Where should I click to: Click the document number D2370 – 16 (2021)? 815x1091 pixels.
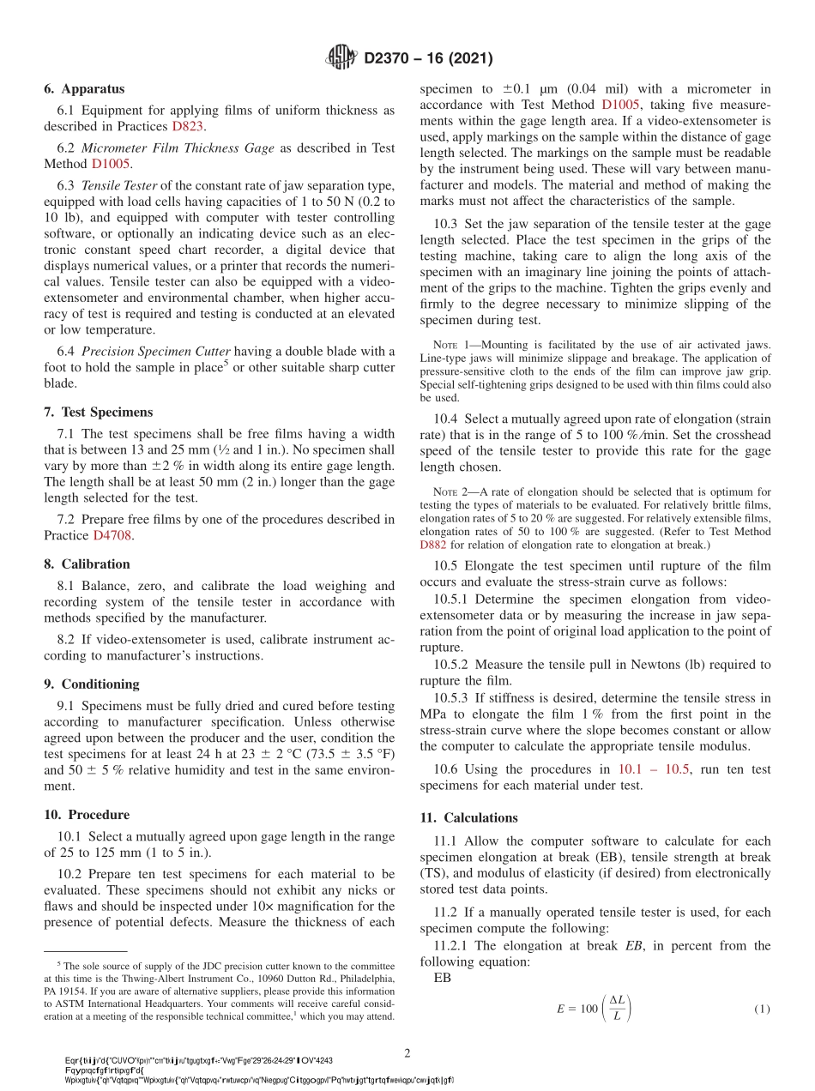(428, 58)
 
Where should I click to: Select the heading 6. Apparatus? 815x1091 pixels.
(84, 88)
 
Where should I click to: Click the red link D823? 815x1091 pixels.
(188, 126)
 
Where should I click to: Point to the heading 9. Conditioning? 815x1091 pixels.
(91, 684)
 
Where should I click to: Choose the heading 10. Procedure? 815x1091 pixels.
(87, 815)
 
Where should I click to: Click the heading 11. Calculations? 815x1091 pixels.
(468, 817)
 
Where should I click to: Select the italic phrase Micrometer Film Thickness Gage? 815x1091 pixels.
(178, 148)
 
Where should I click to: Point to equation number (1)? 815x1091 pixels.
(762, 1010)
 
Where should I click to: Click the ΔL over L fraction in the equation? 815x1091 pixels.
(618, 1009)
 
